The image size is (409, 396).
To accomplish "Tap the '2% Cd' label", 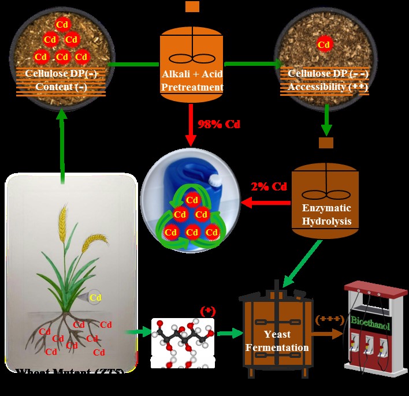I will (x=269, y=186).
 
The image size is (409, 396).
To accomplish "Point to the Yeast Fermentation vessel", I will (x=277, y=332).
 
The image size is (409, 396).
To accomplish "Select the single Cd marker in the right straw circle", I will (x=325, y=44).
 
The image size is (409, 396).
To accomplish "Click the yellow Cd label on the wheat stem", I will (x=95, y=298).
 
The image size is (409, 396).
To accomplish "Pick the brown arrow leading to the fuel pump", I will (x=329, y=333).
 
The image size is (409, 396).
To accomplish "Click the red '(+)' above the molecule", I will (x=207, y=311).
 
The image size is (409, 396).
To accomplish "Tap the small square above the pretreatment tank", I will (x=192, y=7).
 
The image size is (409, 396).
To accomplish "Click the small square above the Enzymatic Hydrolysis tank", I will (x=326, y=142).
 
